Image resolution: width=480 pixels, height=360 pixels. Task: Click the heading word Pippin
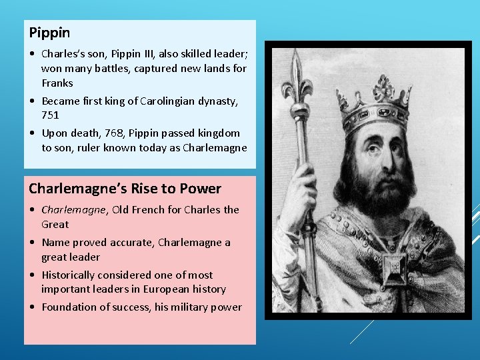(50, 32)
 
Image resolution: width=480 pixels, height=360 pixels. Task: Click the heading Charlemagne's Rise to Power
(125, 188)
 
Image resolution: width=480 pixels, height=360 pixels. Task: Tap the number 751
(50, 115)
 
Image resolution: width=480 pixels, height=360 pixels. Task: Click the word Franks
(57, 83)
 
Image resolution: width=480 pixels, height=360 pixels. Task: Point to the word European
(165, 289)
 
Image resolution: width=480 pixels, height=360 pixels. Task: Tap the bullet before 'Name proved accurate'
(33, 243)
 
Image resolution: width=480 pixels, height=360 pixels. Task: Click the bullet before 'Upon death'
(33, 133)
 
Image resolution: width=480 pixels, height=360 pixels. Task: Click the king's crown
(373, 100)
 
